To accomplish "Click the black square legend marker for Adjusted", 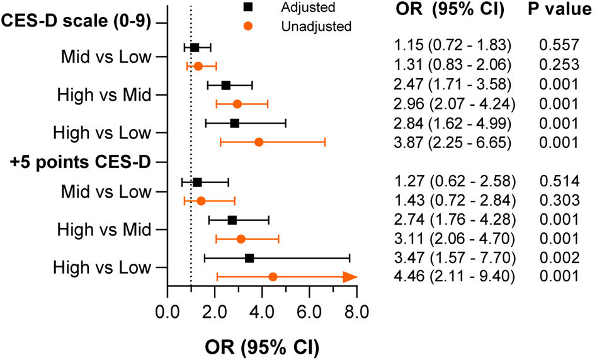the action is [x=248, y=7].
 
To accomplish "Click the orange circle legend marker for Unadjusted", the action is [x=248, y=26].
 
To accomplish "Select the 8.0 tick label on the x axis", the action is [x=356, y=312].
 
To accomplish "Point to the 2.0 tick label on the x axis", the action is [x=215, y=312].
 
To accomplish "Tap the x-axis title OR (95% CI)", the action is [x=262, y=347].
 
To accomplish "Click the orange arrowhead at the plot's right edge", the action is [x=350, y=277].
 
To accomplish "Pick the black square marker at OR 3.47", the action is [x=249, y=258].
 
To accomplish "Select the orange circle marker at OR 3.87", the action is [x=259, y=142].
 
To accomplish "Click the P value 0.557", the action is [x=559, y=45].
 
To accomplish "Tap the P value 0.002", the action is [x=559, y=257].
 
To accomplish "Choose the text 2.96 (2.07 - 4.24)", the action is [x=454, y=104].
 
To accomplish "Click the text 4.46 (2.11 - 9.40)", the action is [x=454, y=276].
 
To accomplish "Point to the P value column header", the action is [x=560, y=9].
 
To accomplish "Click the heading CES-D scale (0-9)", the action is [x=76, y=20].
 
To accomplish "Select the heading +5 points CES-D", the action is [x=81, y=162].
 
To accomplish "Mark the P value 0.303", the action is [x=559, y=200].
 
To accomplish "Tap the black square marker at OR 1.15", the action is [x=195, y=48].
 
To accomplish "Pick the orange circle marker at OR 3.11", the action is [x=241, y=239].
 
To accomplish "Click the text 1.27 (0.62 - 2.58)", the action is [x=455, y=181].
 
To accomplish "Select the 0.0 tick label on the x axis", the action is [x=168, y=312].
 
